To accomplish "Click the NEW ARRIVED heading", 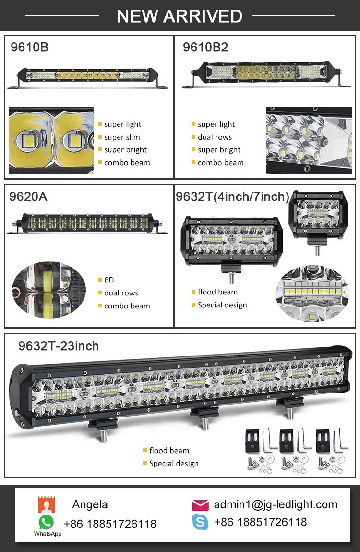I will pos(180,16).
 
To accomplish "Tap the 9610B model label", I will pos(30,47).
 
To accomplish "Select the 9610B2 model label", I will pos(205,47).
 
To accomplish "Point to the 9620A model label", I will pos(28,196).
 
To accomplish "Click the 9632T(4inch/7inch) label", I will pos(233,196).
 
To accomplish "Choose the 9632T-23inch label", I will pos(59,346).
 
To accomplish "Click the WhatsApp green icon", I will pos(47,522).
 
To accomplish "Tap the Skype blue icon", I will pos(200,522).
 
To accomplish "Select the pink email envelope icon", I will pos(200,505).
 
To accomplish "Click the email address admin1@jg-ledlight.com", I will pos(276,504).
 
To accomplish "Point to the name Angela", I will pos(90,504).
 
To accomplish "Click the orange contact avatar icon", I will pos(47,505).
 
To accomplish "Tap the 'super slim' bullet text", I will pos(122,137).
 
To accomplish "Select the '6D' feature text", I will pos(109,280).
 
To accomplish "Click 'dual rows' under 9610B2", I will pos(215,137).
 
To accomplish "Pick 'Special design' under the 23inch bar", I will pos(173,464).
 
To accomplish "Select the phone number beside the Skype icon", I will pos(260,522).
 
